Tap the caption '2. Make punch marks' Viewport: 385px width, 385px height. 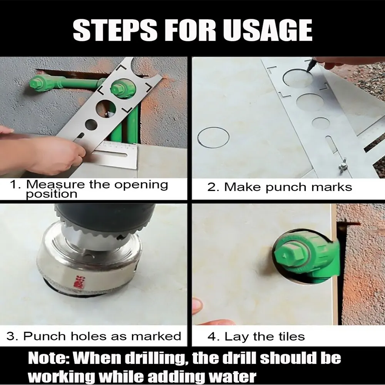tap(280, 187)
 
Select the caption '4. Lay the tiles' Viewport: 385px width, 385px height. tap(256, 337)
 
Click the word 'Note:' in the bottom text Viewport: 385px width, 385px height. tap(49, 358)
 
